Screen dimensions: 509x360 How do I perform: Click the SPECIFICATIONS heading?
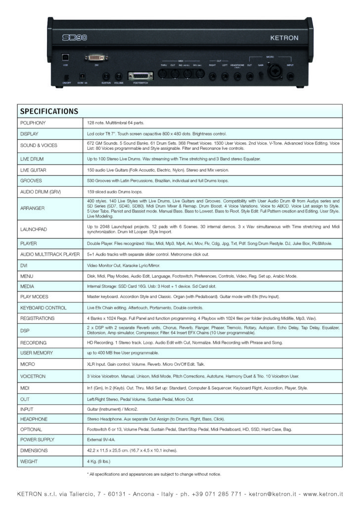(47, 111)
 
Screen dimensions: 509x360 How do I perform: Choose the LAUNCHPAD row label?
(33, 230)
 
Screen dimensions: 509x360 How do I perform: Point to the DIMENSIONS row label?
(35, 451)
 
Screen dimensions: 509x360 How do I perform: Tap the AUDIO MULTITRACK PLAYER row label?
(50, 254)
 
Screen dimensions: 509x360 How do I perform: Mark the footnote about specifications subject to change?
(153, 474)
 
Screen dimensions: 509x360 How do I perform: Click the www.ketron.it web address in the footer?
(323, 494)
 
